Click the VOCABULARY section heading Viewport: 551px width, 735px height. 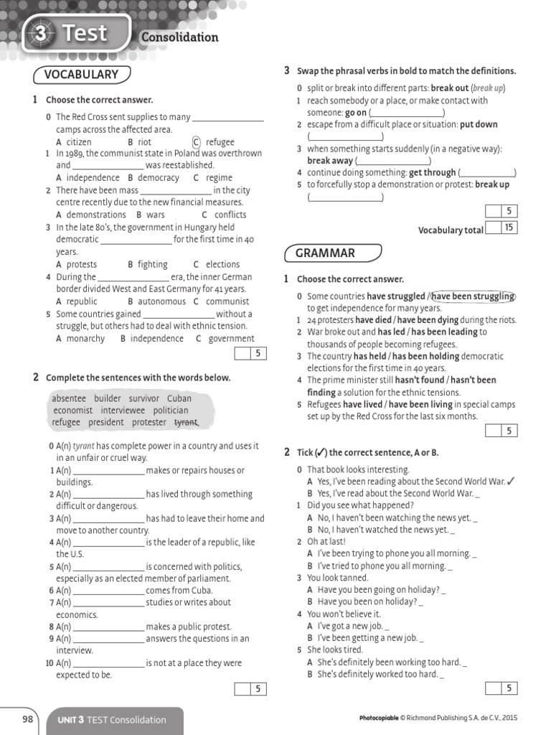(x=81, y=75)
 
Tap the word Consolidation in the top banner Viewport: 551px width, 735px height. (x=179, y=37)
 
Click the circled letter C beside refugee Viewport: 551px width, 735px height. (x=197, y=142)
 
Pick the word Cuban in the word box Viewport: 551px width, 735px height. (x=179, y=398)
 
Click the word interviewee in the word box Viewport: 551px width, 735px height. (x=123, y=411)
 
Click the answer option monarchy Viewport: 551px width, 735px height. (x=85, y=339)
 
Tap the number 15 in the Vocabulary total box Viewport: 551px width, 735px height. (x=509, y=228)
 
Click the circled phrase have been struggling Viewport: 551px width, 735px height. (x=474, y=296)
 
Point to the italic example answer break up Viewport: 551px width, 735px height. (x=488, y=88)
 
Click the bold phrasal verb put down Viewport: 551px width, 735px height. (x=479, y=124)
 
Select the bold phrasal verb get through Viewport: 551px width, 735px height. (x=432, y=172)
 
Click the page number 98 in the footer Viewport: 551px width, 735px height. (x=28, y=718)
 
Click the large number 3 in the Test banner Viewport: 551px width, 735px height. (x=42, y=34)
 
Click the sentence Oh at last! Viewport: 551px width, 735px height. (x=326, y=541)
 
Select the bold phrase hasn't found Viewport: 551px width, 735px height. (x=420, y=380)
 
